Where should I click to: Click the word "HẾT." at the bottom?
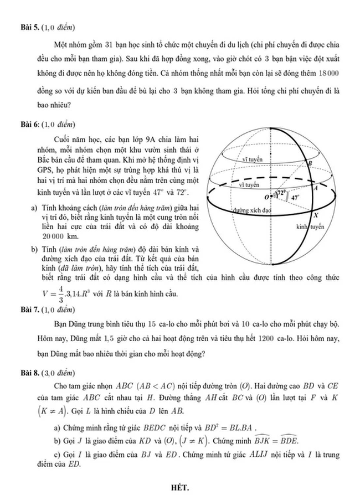181,487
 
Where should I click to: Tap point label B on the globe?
309,162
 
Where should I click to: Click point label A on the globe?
315,188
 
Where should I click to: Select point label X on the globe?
316,215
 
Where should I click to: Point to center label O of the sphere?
267,197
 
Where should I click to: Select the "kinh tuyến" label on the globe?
310,227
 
